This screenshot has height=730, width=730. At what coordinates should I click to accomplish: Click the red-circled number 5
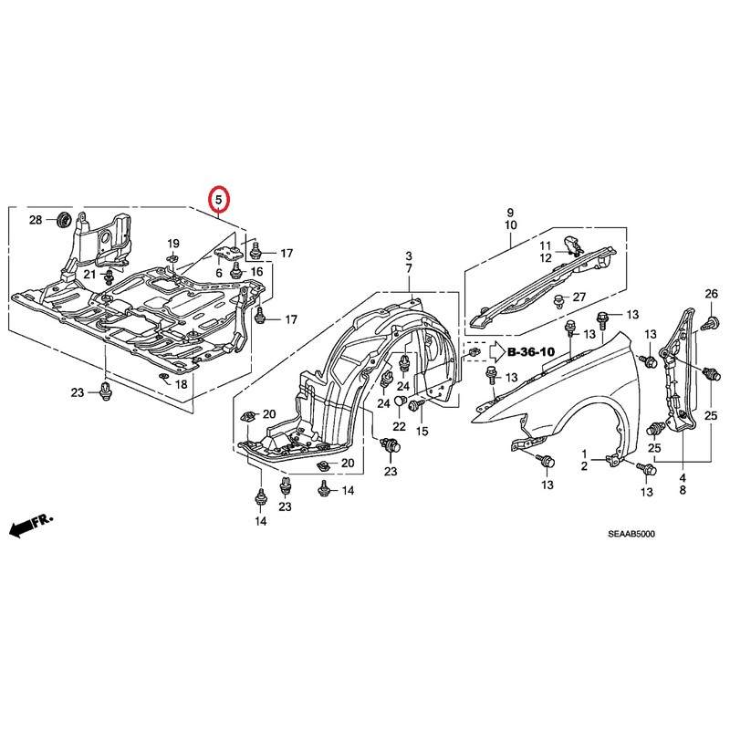coord(220,197)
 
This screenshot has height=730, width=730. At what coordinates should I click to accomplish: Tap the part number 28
coord(36,220)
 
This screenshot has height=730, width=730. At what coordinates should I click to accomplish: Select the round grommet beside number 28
coord(64,220)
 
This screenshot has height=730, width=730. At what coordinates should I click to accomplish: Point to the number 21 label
coord(90,274)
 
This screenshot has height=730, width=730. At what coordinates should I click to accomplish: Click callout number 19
coord(172,243)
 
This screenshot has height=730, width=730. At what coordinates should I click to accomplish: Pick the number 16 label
coord(256,273)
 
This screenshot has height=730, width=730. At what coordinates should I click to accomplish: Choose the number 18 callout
coord(182,385)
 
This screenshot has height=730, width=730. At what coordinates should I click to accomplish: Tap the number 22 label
coord(400,426)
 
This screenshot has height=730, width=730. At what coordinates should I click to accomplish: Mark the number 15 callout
coord(422,431)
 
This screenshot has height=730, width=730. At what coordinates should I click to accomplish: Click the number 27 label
coord(579,297)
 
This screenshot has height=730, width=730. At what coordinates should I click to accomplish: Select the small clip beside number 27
coord(558,300)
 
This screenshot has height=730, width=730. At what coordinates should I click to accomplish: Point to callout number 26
coord(712,293)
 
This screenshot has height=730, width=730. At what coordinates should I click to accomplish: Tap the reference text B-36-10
coord(532,350)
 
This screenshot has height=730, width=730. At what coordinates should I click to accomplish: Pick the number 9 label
coord(510,212)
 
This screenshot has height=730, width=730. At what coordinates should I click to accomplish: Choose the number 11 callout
coord(545,245)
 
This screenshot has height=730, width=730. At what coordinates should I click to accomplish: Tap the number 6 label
coord(219,273)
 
